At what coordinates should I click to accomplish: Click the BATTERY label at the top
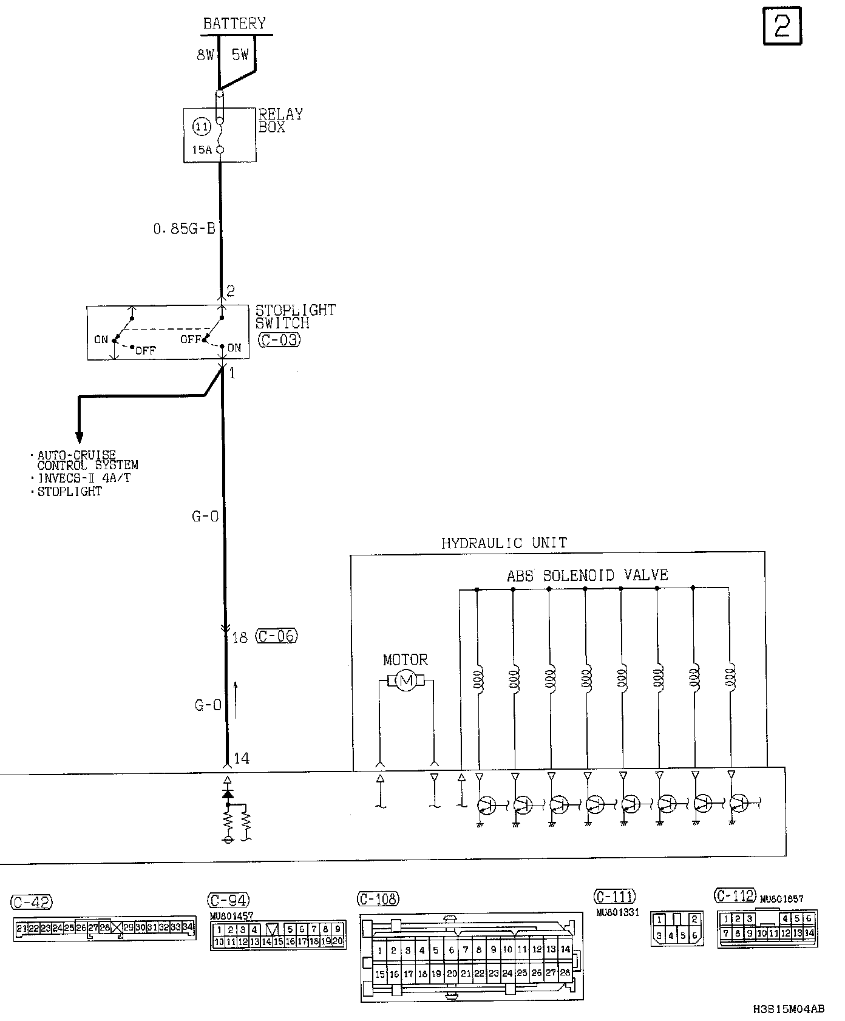234,23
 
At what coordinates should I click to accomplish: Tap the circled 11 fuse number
202,127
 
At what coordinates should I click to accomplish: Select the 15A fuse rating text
202,149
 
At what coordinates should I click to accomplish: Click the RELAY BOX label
280,121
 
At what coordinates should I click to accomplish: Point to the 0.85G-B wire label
185,229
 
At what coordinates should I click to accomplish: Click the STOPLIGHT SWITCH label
295,316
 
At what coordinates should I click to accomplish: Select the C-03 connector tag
279,340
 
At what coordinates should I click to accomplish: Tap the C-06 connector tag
277,636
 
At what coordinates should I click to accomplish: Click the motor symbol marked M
406,681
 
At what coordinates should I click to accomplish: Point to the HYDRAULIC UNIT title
504,543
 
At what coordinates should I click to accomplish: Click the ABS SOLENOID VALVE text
587,575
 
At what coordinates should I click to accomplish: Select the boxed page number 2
782,26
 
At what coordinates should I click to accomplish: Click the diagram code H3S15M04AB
789,1009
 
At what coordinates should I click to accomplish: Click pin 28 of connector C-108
565,973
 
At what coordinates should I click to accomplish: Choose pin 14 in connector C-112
809,933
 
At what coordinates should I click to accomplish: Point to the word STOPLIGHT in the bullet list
70,492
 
